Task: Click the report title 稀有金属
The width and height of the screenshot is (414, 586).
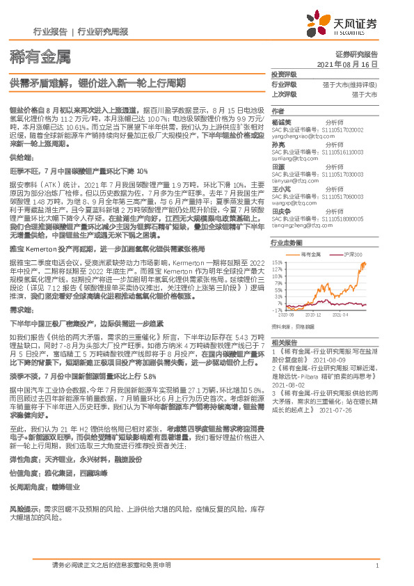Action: coord(31,55)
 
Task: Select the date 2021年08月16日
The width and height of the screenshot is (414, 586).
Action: coord(349,63)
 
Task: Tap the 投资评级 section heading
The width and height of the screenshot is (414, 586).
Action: coord(284,74)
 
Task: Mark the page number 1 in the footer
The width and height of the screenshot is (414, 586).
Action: coord(376,566)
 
